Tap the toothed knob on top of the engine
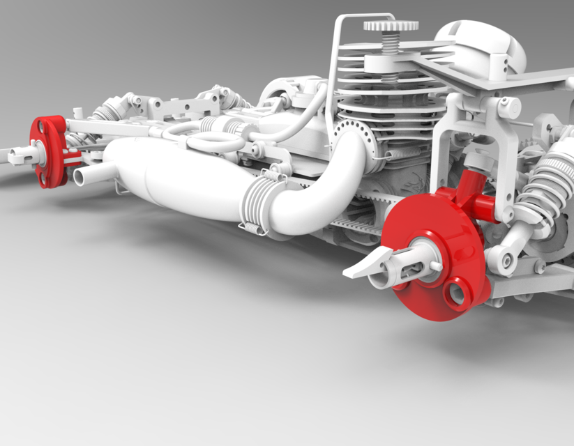point(391,26)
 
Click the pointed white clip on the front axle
point(363,264)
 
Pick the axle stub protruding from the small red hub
point(21,154)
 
